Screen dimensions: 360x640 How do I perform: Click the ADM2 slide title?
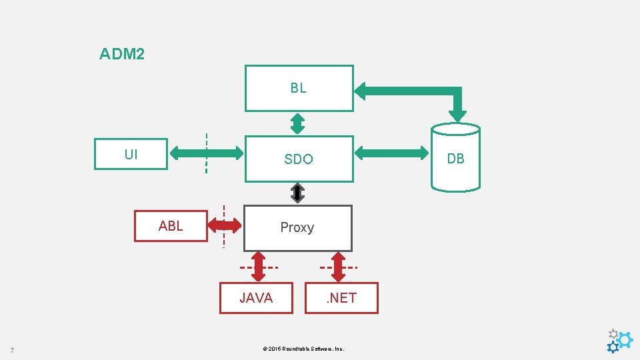tap(121, 54)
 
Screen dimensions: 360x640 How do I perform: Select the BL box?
tap(299, 88)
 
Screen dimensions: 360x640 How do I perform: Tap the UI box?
tap(131, 155)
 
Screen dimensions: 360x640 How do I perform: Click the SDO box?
tap(299, 159)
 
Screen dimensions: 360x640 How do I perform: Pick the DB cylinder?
tap(455, 158)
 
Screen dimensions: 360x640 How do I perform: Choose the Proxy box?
tap(297, 228)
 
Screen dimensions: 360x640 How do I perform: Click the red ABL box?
tap(171, 226)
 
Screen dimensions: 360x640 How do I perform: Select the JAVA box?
tap(256, 298)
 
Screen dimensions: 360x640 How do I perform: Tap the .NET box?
tap(341, 298)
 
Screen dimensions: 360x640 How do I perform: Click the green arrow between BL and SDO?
tap(298, 123)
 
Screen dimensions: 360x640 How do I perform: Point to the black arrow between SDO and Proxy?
tap(298, 193)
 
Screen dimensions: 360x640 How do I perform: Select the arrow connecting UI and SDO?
tap(207, 153)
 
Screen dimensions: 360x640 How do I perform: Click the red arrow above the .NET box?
tap(338, 267)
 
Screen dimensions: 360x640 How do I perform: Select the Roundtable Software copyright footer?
tap(303, 349)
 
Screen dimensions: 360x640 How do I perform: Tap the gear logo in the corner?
tap(619, 341)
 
